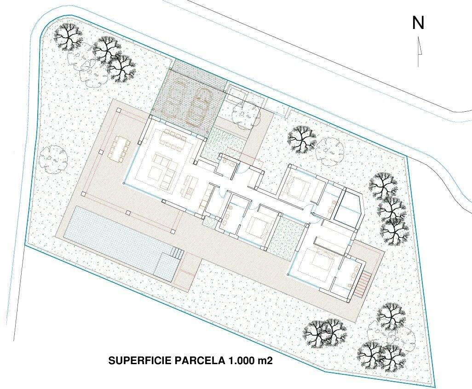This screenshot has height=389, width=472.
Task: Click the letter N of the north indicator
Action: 418,23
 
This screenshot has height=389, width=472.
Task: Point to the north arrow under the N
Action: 419,51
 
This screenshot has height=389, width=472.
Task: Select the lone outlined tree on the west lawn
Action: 54,160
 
